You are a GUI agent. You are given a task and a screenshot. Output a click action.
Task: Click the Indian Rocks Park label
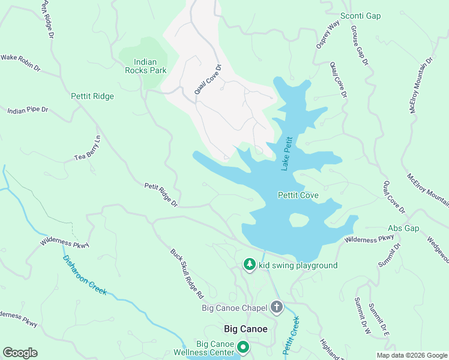[x=145, y=65]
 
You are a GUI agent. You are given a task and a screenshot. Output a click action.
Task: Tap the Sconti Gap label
[x=361, y=16]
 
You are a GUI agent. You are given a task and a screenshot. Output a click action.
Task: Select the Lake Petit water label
[x=288, y=152]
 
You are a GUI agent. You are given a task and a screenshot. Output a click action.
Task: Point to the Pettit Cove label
[x=298, y=195]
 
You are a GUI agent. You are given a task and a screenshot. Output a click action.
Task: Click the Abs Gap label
[x=403, y=229]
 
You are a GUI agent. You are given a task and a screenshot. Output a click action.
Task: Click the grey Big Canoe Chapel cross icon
[x=277, y=308]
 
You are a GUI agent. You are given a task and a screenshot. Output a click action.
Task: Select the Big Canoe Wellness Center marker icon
[x=243, y=347]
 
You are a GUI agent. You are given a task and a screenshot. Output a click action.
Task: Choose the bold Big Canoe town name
[x=245, y=329]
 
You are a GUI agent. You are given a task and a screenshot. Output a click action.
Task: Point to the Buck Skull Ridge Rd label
[x=187, y=274]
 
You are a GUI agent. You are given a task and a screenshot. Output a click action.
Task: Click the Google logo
[x=20, y=353]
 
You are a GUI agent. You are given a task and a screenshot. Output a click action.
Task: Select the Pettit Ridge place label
[x=92, y=96]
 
